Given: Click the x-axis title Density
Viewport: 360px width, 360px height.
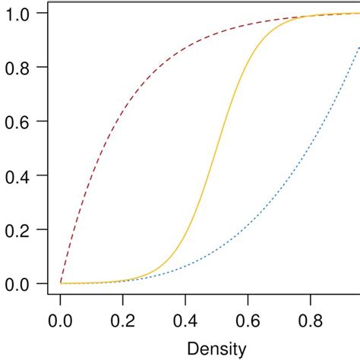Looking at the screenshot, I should pos(217,349).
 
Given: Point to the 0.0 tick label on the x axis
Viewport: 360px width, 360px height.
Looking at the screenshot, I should pos(61,322).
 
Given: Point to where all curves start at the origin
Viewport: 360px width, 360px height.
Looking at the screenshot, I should pos(61,283).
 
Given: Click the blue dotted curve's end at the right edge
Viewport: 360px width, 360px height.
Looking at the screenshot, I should pos(358,47).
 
